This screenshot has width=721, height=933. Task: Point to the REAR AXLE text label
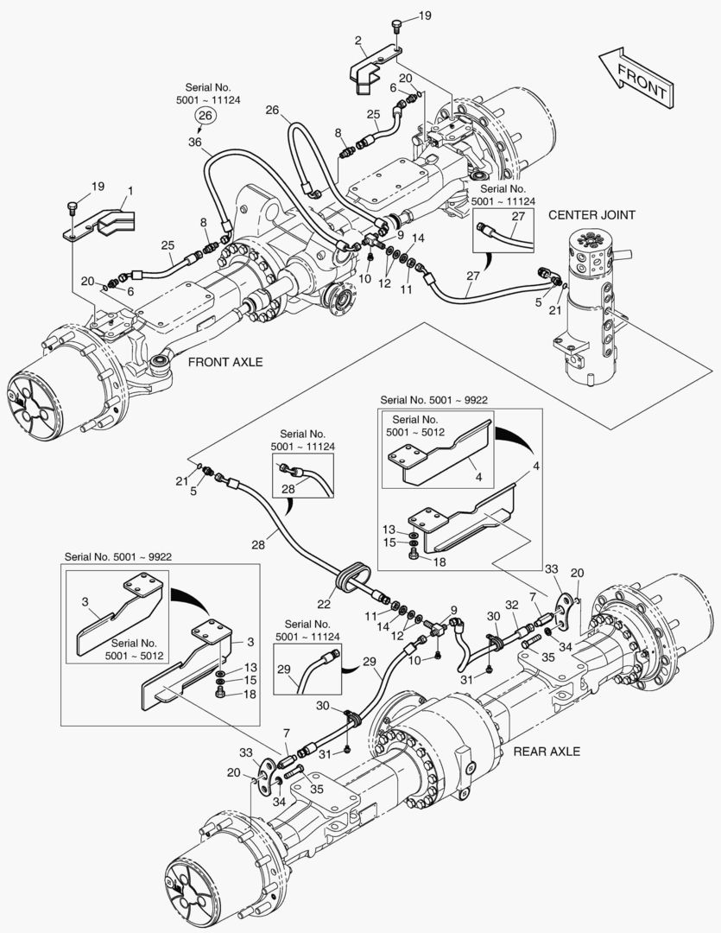coord(547,751)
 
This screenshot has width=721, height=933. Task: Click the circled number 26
coord(205,115)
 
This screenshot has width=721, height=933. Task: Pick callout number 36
coord(194,143)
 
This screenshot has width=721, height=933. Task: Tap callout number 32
coord(512,606)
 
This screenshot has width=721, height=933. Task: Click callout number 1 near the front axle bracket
coord(130,190)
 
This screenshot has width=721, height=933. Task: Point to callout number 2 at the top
coord(357,40)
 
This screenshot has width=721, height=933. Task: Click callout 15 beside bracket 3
coord(249,681)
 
